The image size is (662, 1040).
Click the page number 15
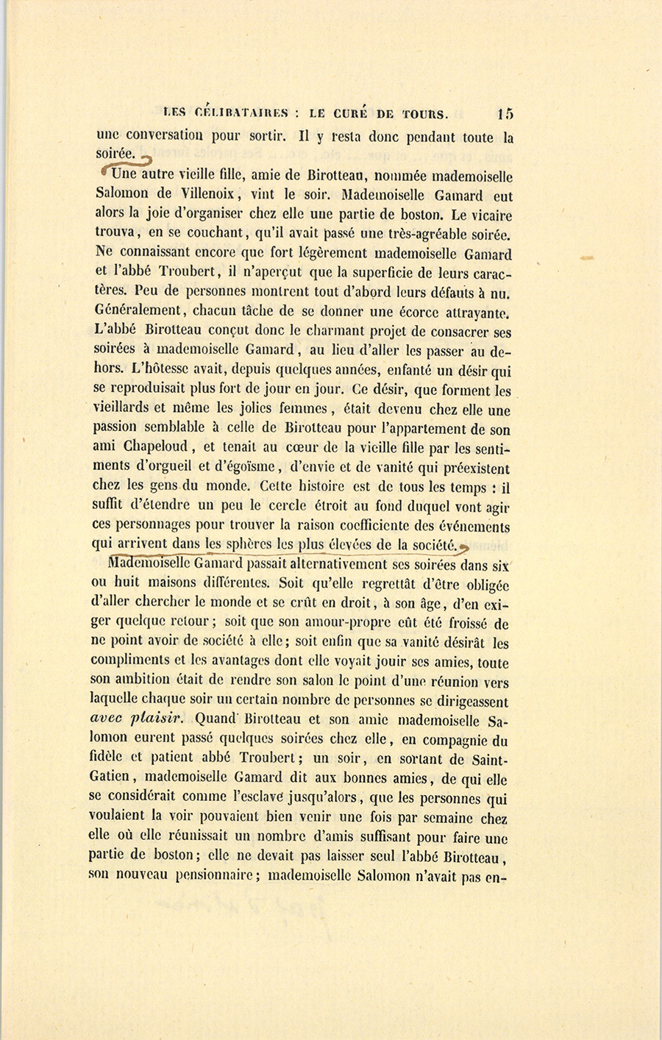(505, 113)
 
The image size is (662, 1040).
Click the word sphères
(249, 545)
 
